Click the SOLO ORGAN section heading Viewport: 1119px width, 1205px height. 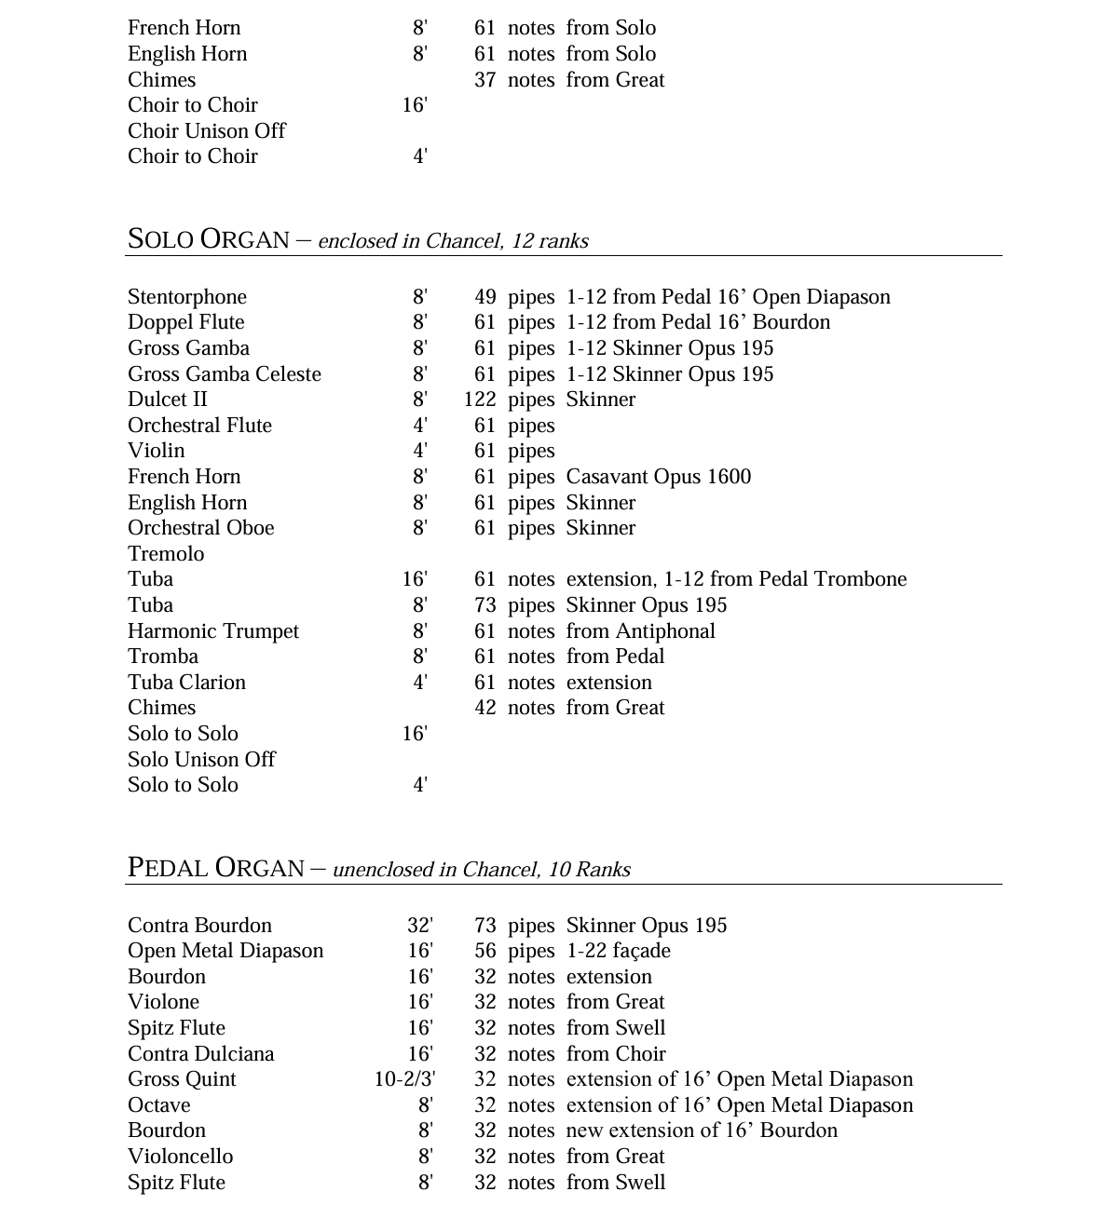coord(208,239)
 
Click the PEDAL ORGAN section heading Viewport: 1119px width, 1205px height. coord(215,868)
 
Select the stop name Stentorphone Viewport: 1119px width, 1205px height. coord(187,297)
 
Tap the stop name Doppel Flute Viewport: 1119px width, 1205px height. coord(186,322)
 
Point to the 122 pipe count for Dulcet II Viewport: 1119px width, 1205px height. coord(480,399)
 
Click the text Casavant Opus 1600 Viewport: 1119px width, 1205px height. coord(658,477)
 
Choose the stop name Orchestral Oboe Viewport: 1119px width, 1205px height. coord(201,528)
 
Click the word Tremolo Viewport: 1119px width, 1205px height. coord(166,554)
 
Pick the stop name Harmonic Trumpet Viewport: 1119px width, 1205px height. coord(213,631)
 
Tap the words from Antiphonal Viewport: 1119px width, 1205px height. coord(640,631)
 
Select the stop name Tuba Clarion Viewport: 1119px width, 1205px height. coord(187,683)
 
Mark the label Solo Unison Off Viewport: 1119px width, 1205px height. coord(201,760)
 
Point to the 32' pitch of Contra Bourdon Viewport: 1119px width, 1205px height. coord(420,926)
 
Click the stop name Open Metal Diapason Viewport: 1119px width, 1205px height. coord(225,951)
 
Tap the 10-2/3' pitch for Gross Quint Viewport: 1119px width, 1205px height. coord(404,1079)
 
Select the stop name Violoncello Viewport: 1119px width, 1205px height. coord(181,1157)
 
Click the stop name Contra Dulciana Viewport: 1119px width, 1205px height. coord(201,1054)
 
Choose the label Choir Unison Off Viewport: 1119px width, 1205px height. coord(207,131)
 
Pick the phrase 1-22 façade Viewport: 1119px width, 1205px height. coord(618,951)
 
